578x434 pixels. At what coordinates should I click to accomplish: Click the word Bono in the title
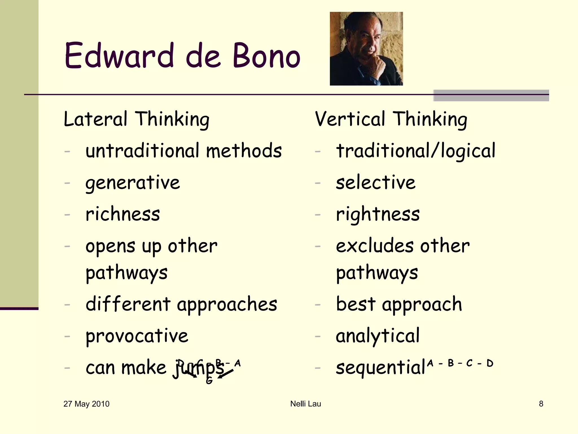tap(266, 56)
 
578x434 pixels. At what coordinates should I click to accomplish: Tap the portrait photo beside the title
tap(366, 49)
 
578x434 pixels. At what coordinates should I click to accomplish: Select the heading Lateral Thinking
tap(137, 119)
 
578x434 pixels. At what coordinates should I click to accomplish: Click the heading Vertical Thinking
tap(391, 119)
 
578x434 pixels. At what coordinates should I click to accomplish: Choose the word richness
tap(123, 214)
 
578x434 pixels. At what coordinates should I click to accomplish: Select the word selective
tap(376, 183)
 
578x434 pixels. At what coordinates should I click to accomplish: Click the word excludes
tap(374, 246)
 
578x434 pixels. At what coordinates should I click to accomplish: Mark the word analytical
tap(378, 336)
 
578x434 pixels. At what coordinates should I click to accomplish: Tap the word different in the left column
tap(128, 305)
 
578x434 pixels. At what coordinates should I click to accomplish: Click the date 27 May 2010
tap(86, 404)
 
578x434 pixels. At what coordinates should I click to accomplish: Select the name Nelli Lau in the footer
tap(306, 404)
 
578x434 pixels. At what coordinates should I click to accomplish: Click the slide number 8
tap(541, 404)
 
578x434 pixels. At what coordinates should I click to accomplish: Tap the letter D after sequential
tap(490, 363)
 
